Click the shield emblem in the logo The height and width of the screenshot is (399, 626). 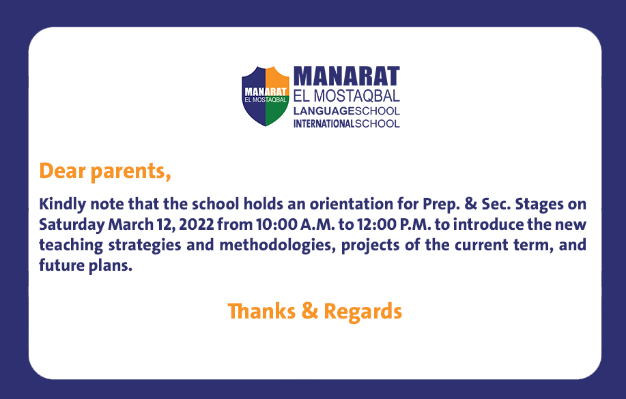click(266, 96)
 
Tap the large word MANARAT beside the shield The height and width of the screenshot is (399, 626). click(347, 76)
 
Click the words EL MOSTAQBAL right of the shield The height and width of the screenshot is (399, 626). click(347, 96)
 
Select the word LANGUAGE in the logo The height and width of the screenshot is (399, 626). click(324, 111)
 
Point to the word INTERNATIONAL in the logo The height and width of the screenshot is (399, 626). click(324, 123)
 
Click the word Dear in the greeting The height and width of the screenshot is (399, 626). click(62, 171)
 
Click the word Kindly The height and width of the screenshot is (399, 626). click(62, 205)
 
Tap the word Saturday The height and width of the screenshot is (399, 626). click(72, 225)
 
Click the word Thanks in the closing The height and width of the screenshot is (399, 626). click(261, 311)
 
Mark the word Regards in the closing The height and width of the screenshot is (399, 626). click(362, 312)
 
